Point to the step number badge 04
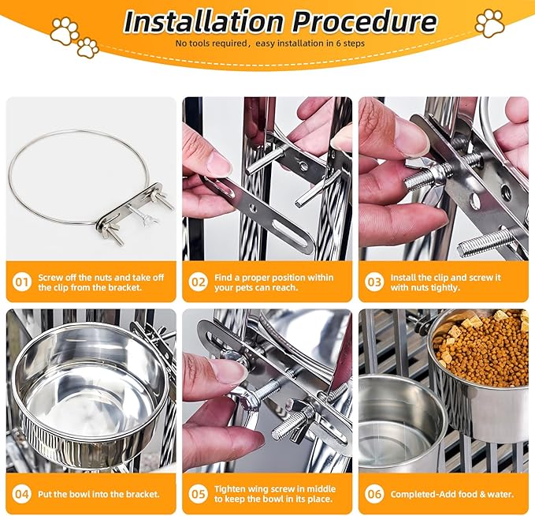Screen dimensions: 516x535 (23, 494)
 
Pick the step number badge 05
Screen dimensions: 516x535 (199, 494)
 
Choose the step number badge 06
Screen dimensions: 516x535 (374, 494)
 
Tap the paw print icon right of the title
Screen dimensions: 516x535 (489, 23)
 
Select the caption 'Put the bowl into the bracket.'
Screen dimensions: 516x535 (98, 494)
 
